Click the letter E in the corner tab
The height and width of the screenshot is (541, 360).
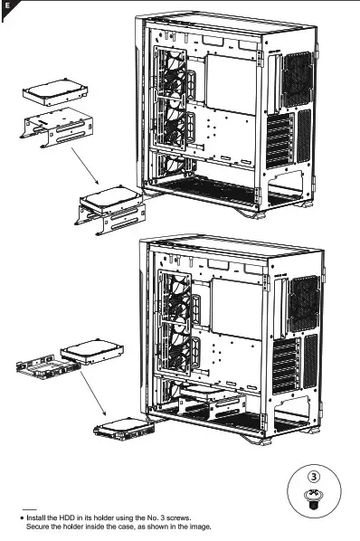7,6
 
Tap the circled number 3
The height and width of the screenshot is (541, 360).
312,475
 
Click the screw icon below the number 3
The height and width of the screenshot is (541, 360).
312,497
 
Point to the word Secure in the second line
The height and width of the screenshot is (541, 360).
40,526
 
